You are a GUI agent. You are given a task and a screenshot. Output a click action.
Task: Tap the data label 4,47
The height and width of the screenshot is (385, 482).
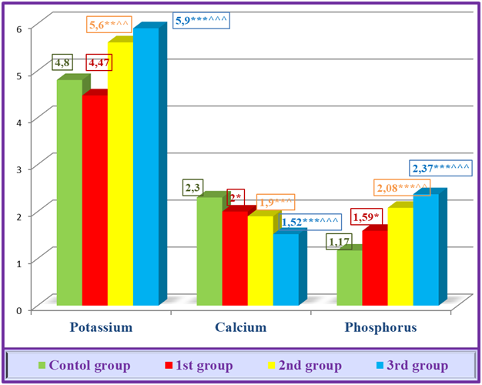[97, 62]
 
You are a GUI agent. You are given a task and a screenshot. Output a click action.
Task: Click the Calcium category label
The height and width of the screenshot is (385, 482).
[240, 327]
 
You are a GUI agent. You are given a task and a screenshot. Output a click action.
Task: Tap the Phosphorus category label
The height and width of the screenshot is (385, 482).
[381, 327]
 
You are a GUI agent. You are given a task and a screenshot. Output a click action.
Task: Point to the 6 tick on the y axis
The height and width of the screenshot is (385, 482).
[22, 26]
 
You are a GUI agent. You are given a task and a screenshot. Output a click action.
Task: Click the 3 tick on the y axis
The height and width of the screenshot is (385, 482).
[22, 168]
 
